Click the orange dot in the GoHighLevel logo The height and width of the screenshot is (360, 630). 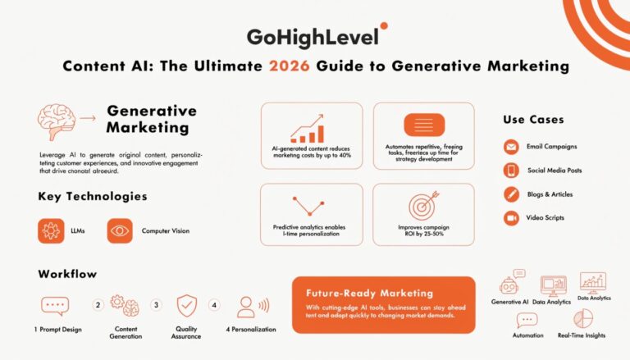[384, 26]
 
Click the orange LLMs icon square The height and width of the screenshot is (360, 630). [51, 231]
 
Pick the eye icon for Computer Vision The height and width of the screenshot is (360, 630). [120, 231]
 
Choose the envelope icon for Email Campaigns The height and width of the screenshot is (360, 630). [511, 148]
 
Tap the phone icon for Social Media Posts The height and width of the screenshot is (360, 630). [511, 171]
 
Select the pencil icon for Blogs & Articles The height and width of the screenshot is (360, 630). [511, 194]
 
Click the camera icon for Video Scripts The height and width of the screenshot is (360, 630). [511, 218]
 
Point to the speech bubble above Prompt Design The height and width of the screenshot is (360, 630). [53, 306]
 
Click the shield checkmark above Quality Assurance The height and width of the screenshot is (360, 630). [188, 305]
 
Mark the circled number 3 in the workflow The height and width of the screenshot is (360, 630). [156, 305]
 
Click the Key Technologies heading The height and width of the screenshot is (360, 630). [93, 197]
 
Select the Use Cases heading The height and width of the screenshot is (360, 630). [533, 120]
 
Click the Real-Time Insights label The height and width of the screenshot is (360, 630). [582, 335]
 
